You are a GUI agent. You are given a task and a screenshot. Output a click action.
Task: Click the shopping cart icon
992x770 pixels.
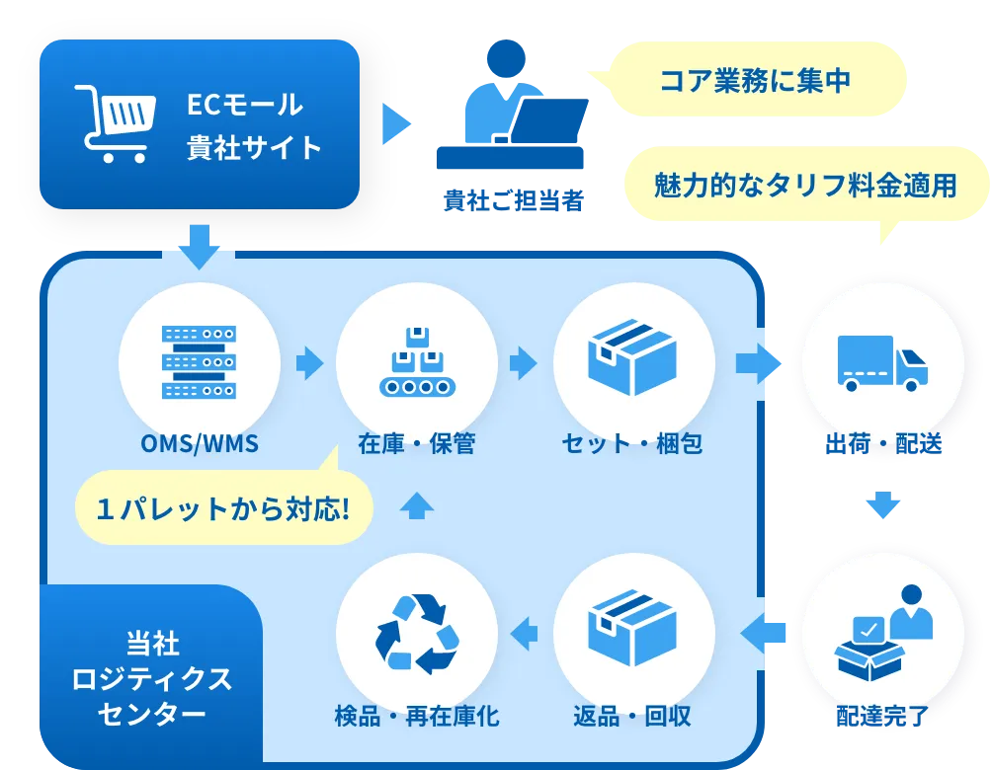tap(115, 123)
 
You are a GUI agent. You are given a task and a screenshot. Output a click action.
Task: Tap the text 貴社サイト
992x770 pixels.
tap(254, 148)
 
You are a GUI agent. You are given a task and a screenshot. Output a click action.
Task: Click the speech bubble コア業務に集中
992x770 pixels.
tap(755, 81)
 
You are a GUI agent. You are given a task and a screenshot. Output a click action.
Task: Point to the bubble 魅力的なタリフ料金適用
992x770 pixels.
tap(805, 185)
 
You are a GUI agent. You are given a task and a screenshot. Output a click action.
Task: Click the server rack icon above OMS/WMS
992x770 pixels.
tap(199, 362)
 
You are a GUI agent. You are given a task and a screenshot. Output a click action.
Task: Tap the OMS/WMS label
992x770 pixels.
tap(199, 444)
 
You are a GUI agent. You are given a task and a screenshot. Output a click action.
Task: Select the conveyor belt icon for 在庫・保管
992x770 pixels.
tap(416, 362)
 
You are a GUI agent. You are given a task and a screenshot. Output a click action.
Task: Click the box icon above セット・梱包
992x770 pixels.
tap(632, 357)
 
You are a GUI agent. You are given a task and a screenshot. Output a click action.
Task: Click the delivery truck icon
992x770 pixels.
tap(881, 362)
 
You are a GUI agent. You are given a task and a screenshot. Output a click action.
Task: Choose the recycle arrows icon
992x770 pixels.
tap(416, 633)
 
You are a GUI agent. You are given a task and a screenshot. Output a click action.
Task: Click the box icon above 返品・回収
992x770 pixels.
tap(632, 629)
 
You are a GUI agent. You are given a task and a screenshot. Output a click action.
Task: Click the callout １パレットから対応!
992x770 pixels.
tap(223, 508)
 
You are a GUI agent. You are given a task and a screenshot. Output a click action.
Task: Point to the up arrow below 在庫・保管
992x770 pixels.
tap(417, 504)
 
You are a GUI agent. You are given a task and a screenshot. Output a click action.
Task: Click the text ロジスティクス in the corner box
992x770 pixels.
tap(152, 679)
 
